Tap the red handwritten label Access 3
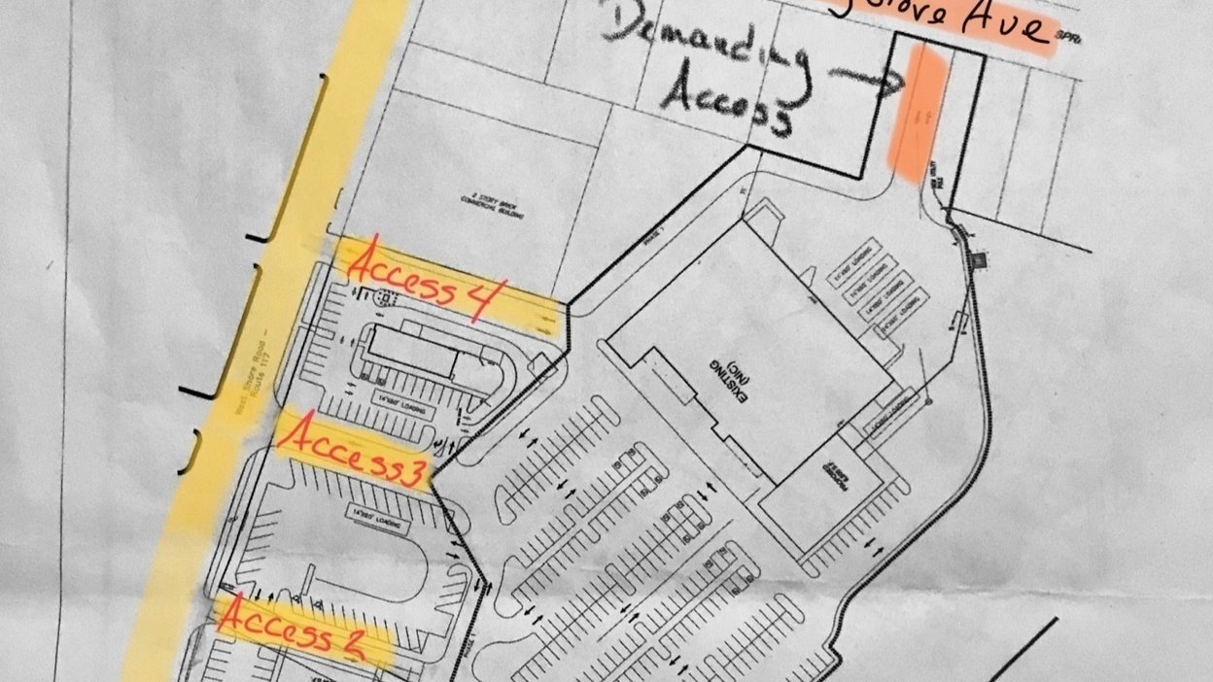coord(352,452)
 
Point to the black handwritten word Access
coord(724,103)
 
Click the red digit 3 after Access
coord(412,473)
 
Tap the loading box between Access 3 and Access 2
coord(375,519)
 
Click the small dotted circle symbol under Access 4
coord(381,300)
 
